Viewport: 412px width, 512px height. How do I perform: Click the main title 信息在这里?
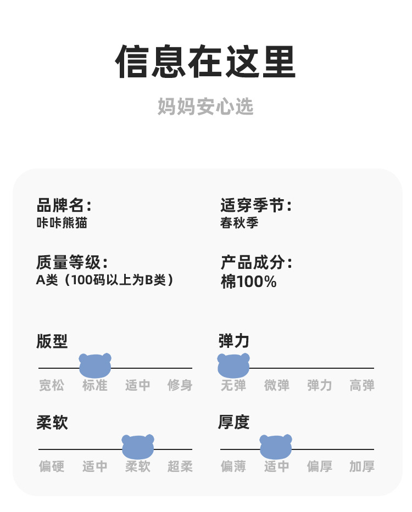[206, 62]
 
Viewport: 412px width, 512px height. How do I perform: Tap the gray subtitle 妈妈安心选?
[206, 106]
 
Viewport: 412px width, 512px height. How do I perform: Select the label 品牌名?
[64, 206]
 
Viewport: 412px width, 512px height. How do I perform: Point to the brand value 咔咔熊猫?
[62, 223]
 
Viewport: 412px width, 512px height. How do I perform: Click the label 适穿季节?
[255, 206]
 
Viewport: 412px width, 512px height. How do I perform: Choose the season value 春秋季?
[240, 223]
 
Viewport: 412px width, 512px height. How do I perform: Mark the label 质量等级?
[72, 262]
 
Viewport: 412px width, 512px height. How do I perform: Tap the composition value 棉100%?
[248, 282]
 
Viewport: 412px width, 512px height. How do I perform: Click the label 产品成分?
[256, 262]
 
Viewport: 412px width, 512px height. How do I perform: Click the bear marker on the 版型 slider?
[95, 365]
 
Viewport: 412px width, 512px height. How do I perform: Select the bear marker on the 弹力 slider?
[233, 365]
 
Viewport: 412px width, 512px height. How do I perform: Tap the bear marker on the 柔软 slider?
[138, 447]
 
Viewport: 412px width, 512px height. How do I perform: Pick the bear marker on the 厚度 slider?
[276, 447]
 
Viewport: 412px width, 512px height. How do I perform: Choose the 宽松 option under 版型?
[52, 385]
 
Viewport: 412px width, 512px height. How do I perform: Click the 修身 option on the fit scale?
[180, 385]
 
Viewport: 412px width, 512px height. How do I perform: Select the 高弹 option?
[362, 385]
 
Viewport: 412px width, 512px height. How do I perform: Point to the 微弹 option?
[276, 385]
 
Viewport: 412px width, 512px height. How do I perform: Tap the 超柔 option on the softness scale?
[180, 466]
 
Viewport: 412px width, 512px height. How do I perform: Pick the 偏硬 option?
[52, 466]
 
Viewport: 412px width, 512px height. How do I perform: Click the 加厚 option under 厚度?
[362, 466]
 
